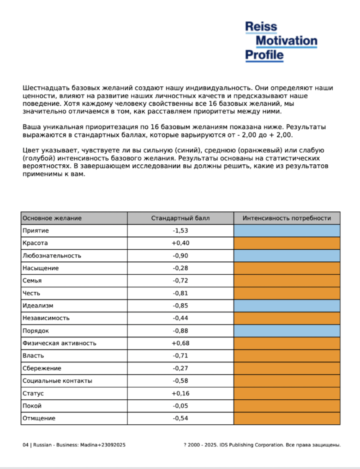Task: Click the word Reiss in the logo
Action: (x=261, y=27)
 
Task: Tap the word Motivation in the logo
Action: (x=286, y=41)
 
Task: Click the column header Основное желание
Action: (x=52, y=218)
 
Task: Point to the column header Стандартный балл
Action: (x=180, y=218)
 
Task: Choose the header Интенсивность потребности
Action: (x=287, y=218)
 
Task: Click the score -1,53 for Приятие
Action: (x=180, y=230)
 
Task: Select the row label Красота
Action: (x=35, y=243)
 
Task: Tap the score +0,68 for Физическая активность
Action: (x=180, y=343)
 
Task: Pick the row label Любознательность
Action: (x=52, y=255)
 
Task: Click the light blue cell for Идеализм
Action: (x=287, y=306)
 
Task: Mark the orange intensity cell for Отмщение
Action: (x=287, y=418)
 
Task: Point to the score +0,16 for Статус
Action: (x=180, y=393)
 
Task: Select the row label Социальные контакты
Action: (x=57, y=381)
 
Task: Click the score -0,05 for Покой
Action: (x=180, y=406)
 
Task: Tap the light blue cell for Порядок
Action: (x=287, y=331)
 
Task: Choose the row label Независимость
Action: (x=46, y=318)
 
